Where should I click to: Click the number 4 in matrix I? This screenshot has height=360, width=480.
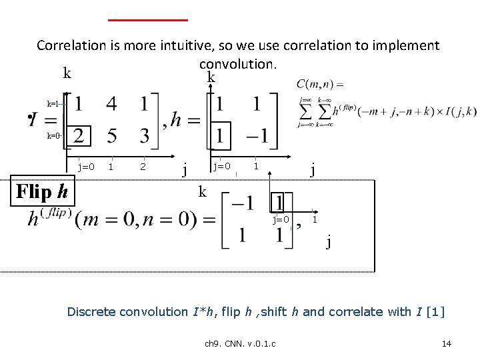pos(111,105)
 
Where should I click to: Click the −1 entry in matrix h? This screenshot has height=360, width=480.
pos(254,137)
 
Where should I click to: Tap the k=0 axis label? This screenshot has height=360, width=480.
pos(54,135)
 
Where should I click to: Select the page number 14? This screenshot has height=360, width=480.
pos(447,343)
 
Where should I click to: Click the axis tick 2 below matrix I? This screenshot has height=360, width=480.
pos(143,166)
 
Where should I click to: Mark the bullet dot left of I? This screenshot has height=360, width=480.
pos(30,120)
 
